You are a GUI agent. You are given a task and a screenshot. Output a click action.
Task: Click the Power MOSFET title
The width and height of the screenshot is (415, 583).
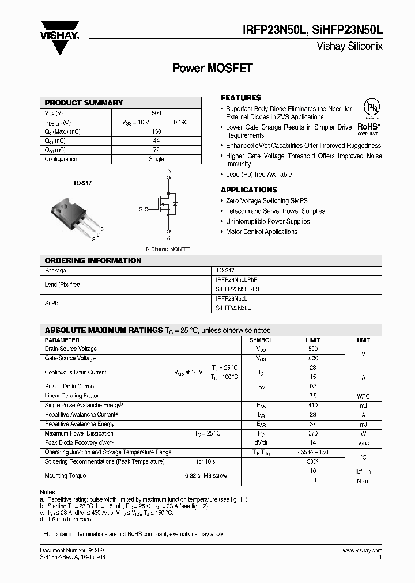(213, 68)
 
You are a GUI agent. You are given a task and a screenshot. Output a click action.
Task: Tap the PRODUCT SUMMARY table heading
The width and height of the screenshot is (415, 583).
(84, 103)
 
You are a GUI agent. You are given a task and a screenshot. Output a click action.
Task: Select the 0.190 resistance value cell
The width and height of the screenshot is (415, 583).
(180, 122)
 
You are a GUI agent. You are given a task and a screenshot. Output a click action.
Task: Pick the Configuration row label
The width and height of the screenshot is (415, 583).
(61, 159)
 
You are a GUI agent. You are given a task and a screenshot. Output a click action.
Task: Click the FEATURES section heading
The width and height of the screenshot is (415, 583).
(241, 98)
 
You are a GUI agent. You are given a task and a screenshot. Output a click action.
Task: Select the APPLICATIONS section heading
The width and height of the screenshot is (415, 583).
(249, 190)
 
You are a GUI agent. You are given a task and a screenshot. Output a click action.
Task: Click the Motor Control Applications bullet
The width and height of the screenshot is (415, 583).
(262, 232)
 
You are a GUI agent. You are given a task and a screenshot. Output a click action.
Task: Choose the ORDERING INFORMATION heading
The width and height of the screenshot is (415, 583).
(93, 260)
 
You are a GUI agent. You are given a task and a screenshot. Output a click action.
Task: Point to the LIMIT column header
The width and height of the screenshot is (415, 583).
(313, 340)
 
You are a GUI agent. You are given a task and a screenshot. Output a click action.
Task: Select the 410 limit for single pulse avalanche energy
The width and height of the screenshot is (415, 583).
(313, 406)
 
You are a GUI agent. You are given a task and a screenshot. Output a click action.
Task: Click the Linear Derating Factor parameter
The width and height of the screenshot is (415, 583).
(72, 396)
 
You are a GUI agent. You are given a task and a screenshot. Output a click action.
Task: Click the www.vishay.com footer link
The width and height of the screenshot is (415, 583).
(362, 551)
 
